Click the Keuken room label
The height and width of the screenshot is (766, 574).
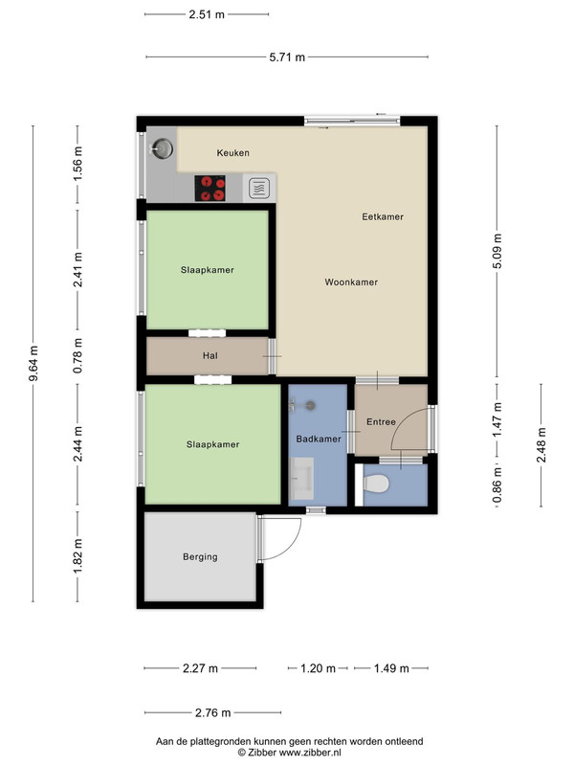pos(232,153)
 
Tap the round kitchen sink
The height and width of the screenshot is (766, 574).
pos(162,147)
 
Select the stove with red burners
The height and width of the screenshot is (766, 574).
pos(210,188)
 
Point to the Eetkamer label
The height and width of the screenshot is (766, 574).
pos(383,216)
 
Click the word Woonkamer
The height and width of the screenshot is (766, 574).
pos(351,282)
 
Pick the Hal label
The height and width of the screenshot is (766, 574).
pos(210,355)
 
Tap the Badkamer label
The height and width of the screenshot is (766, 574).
pos(319,439)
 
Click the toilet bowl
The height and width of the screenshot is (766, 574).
pos(376,484)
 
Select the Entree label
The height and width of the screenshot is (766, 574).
pos(381,421)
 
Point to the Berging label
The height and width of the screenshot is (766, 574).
pos(200,556)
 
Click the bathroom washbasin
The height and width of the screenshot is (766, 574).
pos(301,478)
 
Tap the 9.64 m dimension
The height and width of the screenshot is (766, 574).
pos(33,364)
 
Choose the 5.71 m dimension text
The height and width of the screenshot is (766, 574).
pos(287,57)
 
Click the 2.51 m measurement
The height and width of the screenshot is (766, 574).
pos(207,14)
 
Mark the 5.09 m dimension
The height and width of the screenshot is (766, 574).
pos(497,251)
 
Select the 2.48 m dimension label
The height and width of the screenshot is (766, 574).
pos(541,444)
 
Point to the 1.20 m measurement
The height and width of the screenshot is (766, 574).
pos(318,668)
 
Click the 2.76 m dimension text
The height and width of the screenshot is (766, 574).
pos(212,712)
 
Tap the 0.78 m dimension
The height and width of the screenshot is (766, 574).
pos(77,355)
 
